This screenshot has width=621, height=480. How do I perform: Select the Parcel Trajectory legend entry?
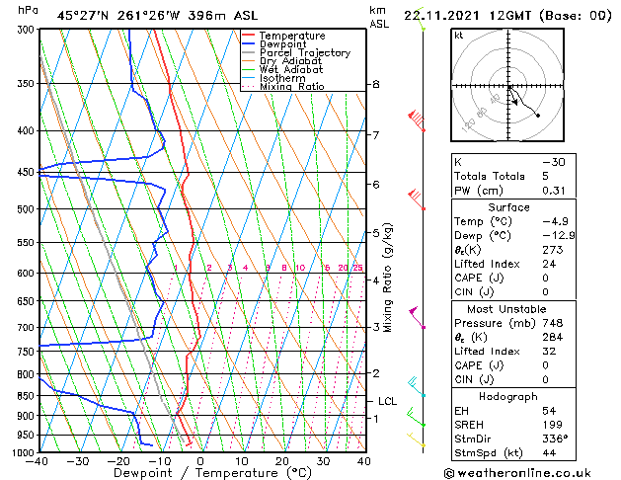click(x=304, y=53)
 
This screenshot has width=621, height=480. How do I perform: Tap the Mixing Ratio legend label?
click(x=291, y=87)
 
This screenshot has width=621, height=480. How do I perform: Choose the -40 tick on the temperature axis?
click(x=39, y=461)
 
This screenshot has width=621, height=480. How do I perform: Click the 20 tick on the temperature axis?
click(x=282, y=461)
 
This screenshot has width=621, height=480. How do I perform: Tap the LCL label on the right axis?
click(x=387, y=401)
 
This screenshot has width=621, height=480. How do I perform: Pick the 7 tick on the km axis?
click(x=375, y=134)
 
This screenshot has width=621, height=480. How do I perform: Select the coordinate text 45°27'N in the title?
click(x=83, y=15)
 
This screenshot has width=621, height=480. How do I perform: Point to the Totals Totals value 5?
click(x=545, y=176)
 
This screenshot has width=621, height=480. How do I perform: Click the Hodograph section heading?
click(x=508, y=396)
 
